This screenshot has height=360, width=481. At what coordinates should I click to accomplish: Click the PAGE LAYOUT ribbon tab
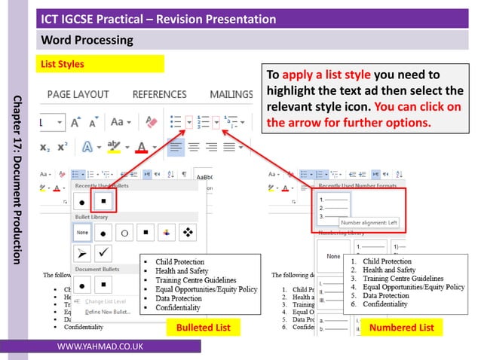(78, 94)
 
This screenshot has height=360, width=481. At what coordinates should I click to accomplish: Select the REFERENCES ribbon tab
(159, 94)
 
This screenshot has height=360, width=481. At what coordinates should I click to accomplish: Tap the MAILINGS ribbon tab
(231, 94)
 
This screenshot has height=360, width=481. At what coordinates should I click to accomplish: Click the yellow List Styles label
(62, 64)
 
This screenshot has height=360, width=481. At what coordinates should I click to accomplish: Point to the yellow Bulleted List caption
(203, 328)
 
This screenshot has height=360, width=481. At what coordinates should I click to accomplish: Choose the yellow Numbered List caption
(401, 328)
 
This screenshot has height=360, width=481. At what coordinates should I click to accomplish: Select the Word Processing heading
(87, 40)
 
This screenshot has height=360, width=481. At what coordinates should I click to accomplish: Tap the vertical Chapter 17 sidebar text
(17, 180)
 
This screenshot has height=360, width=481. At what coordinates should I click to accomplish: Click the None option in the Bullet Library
(83, 233)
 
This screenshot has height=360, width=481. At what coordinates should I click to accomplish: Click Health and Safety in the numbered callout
(389, 270)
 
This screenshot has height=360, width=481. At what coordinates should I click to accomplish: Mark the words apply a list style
(326, 75)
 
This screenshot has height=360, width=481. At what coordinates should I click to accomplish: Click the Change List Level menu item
(105, 301)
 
